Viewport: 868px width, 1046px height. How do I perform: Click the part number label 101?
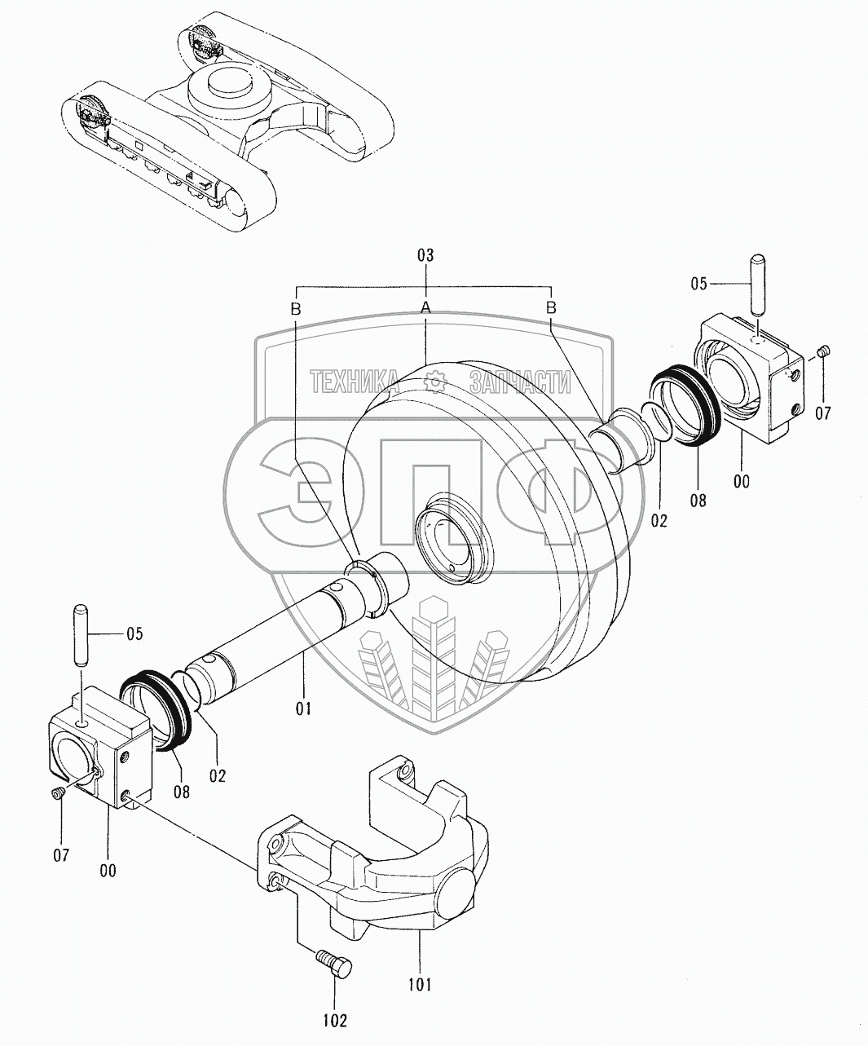pyautogui.click(x=420, y=984)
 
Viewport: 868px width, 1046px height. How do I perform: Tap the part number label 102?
pyautogui.click(x=335, y=1019)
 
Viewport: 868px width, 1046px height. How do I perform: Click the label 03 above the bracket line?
pyautogui.click(x=425, y=256)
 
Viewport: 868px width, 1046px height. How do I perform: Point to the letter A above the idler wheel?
pyautogui.click(x=425, y=307)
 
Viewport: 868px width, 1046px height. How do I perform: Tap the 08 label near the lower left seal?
pyautogui.click(x=181, y=791)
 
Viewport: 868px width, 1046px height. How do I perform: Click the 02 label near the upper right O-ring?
pyautogui.click(x=659, y=519)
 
